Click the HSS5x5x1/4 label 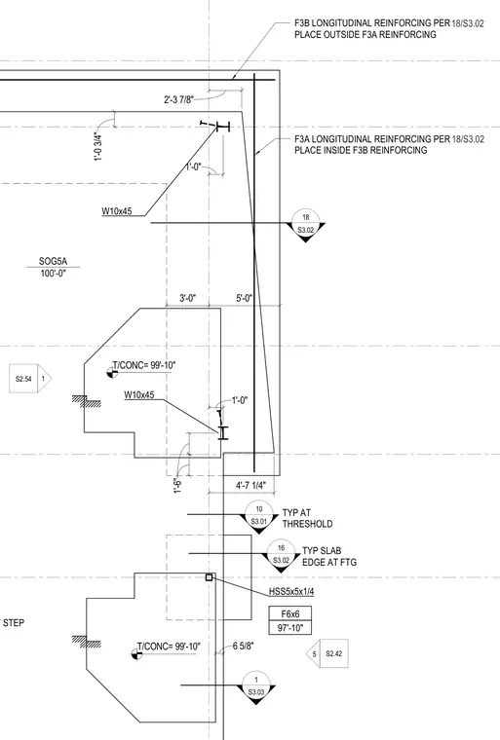coord(291,591)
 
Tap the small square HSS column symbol coord(210,577)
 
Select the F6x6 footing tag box coord(290,614)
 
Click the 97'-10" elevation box coord(290,628)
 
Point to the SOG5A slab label coord(53,262)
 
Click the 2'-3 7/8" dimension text coord(178,99)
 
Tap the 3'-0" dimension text coord(187,298)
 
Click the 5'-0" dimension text coord(245,298)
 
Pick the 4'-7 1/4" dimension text coord(250,485)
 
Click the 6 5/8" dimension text coord(244,646)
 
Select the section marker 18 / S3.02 coord(306,225)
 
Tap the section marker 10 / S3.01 coord(259,517)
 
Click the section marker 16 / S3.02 coord(282,555)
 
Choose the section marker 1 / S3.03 coord(256,687)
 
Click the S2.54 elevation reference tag coord(30,379)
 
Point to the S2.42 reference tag coord(328,653)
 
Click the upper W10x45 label coord(117,211)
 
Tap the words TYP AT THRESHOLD coord(307,518)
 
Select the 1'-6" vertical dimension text coord(178,486)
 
